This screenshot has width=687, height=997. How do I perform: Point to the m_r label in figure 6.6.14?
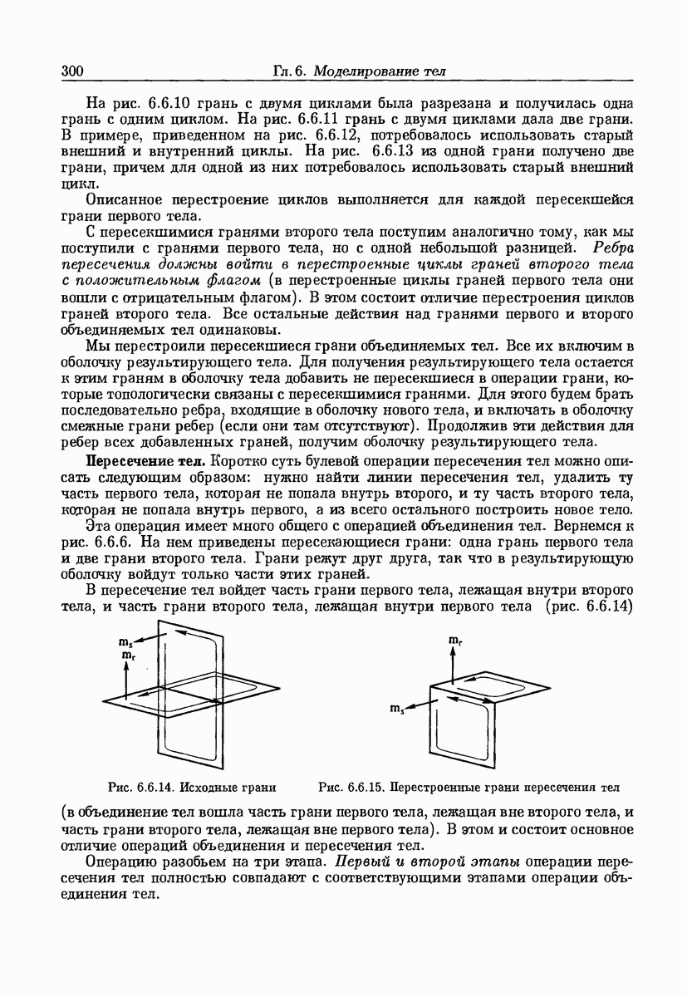point(125,656)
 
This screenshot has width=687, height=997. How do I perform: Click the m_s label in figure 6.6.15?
point(396,708)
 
